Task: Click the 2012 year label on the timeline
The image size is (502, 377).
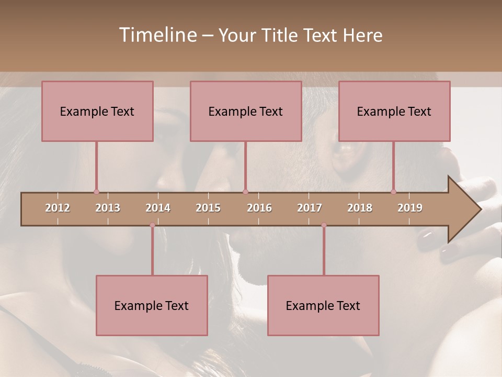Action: (x=58, y=208)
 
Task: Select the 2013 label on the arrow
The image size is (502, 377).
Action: (x=108, y=208)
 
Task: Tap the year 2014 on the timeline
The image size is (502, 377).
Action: (x=158, y=208)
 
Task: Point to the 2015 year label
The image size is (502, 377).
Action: (x=208, y=208)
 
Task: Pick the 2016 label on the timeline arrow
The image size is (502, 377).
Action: (x=259, y=208)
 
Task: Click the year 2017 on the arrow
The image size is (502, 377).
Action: (x=310, y=208)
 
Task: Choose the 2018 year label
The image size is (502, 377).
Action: (x=360, y=208)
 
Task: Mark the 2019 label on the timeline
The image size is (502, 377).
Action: (x=410, y=208)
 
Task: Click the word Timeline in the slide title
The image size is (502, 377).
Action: (x=157, y=35)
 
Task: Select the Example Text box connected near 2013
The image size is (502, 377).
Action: (x=97, y=111)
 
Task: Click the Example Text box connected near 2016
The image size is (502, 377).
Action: (x=246, y=111)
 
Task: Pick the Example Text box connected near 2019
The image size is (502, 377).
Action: (x=394, y=111)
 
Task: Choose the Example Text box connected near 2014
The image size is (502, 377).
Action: (x=152, y=305)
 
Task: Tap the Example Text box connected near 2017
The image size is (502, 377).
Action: (x=323, y=305)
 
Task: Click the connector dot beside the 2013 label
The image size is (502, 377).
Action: (x=96, y=192)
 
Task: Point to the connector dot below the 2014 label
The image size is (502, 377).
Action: (x=152, y=225)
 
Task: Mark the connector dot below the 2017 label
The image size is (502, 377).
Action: (x=324, y=225)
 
